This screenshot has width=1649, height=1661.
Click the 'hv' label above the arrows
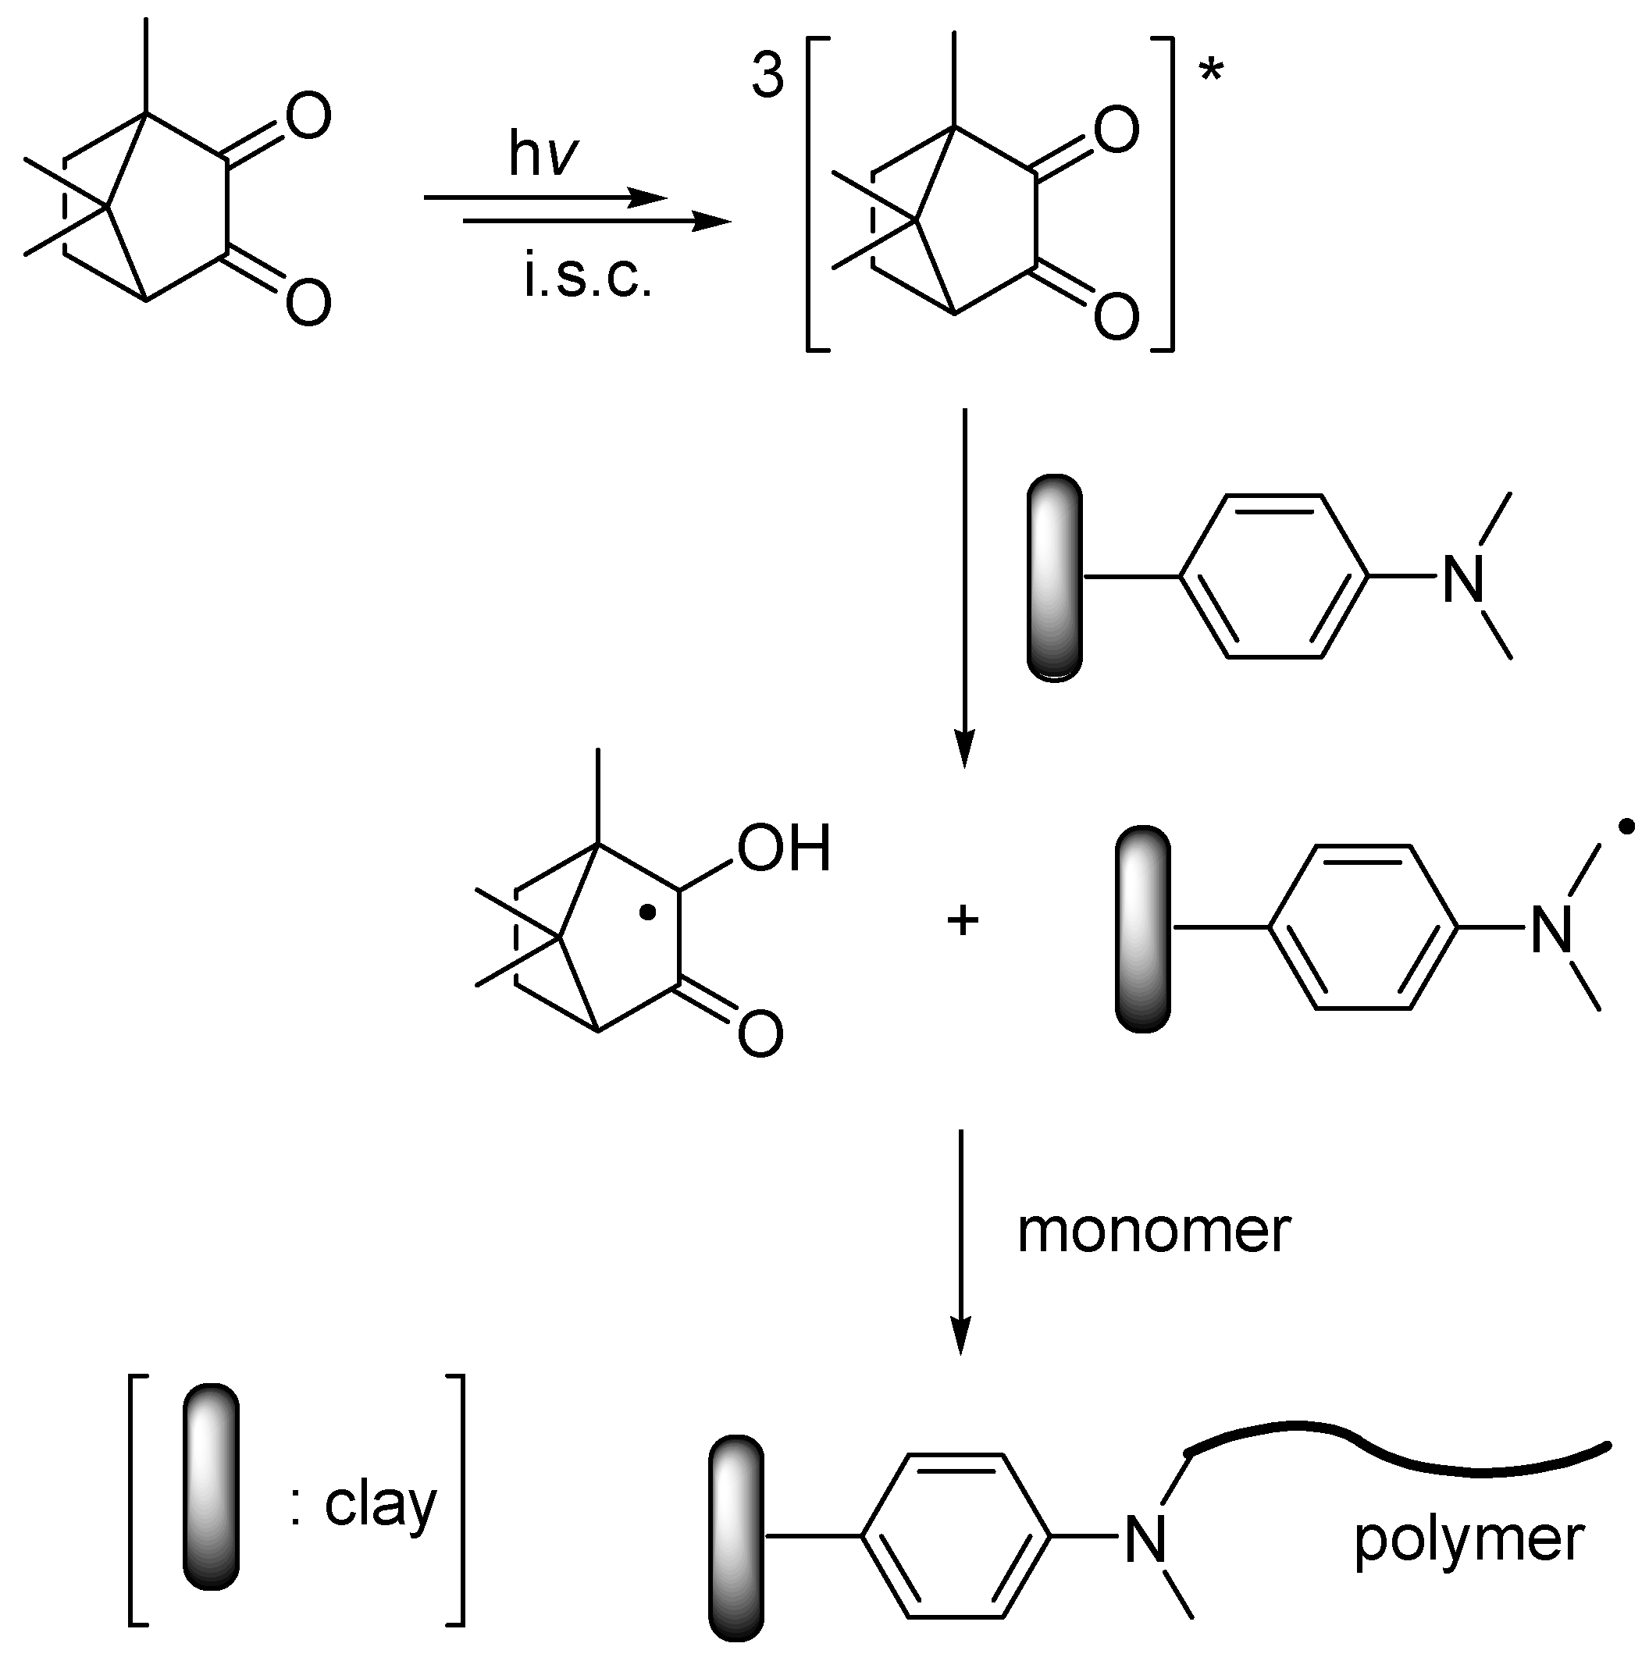tap(543, 155)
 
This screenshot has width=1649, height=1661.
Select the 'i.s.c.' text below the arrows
tap(587, 278)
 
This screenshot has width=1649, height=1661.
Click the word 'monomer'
tap(1152, 1231)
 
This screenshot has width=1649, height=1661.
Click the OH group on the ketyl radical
tap(784, 848)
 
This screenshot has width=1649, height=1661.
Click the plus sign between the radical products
tap(963, 922)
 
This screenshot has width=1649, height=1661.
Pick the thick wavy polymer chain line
tap(1394, 1453)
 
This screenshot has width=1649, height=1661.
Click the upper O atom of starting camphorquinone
tap(307, 117)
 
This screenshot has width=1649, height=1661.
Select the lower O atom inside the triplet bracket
tap(1116, 315)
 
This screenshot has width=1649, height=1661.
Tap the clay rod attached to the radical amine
tap(1142, 929)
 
